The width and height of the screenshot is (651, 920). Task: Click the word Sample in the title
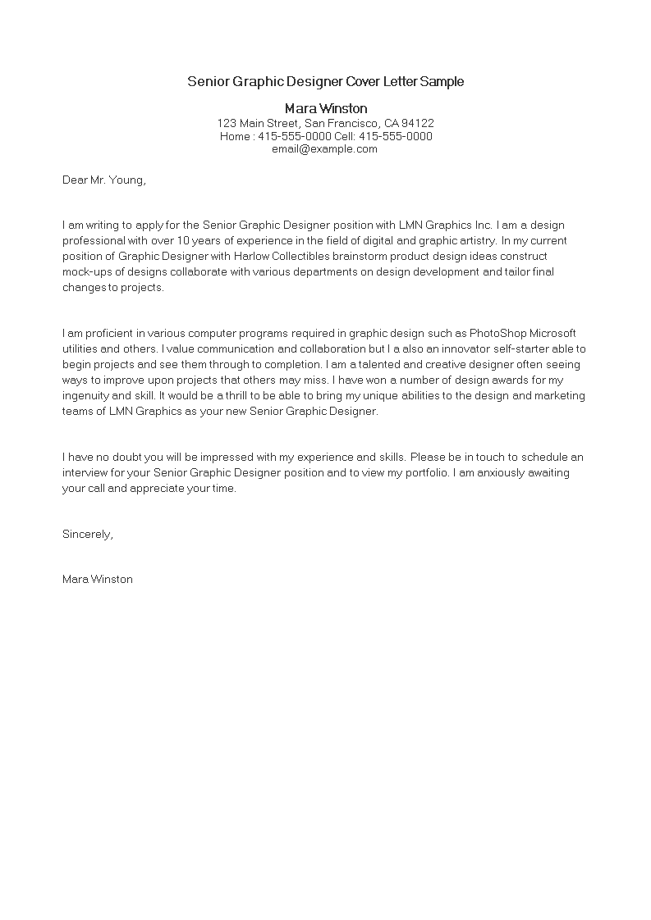tap(442, 81)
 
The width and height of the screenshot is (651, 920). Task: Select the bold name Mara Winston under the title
tap(326, 108)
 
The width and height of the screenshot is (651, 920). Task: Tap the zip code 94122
tap(416, 123)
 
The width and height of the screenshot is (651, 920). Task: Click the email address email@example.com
tap(325, 149)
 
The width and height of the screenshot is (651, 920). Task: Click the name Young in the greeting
tap(127, 180)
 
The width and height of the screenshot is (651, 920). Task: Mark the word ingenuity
tap(91, 396)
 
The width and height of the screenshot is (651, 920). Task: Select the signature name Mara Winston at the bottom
tap(98, 579)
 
